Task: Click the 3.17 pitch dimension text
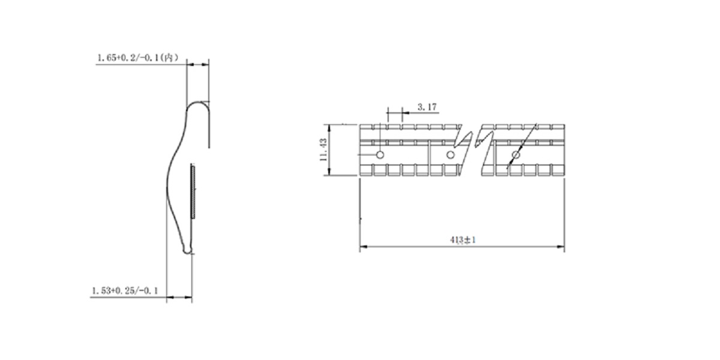[x=427, y=107]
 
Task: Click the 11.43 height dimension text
[x=323, y=150]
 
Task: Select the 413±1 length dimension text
[x=463, y=239]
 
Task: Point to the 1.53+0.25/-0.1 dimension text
[x=125, y=290]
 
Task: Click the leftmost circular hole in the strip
[x=379, y=155]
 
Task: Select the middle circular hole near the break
[x=449, y=155]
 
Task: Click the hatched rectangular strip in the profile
[x=193, y=191]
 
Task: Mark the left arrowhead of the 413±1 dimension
[x=362, y=247]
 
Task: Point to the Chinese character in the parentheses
[x=170, y=58]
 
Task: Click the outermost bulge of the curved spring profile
[x=167, y=174]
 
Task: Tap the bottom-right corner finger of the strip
[x=557, y=170]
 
